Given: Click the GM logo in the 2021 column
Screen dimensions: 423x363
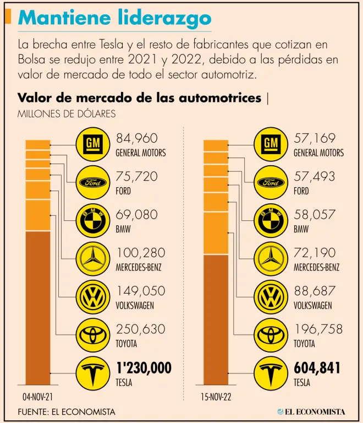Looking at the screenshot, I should pos(91,144).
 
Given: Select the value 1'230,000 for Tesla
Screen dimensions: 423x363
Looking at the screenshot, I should pos(144,368).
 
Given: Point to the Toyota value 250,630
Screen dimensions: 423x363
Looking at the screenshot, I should pos(140,330).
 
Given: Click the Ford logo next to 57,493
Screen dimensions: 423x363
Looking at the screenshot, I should pos(269,182).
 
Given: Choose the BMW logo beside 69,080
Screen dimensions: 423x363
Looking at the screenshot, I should pos(91,221).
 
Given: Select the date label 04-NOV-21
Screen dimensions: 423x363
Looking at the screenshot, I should pos(37,396).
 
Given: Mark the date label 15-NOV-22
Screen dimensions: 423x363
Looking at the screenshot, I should pos(216,396).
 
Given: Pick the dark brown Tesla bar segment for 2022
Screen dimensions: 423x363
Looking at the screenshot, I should pos(216,319).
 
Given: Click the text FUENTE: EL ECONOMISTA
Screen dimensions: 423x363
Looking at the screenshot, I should pos(67,411).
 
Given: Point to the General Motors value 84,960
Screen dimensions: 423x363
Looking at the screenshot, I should pos(136,138).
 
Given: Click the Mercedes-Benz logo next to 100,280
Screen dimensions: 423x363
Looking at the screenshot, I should pos(91,259).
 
